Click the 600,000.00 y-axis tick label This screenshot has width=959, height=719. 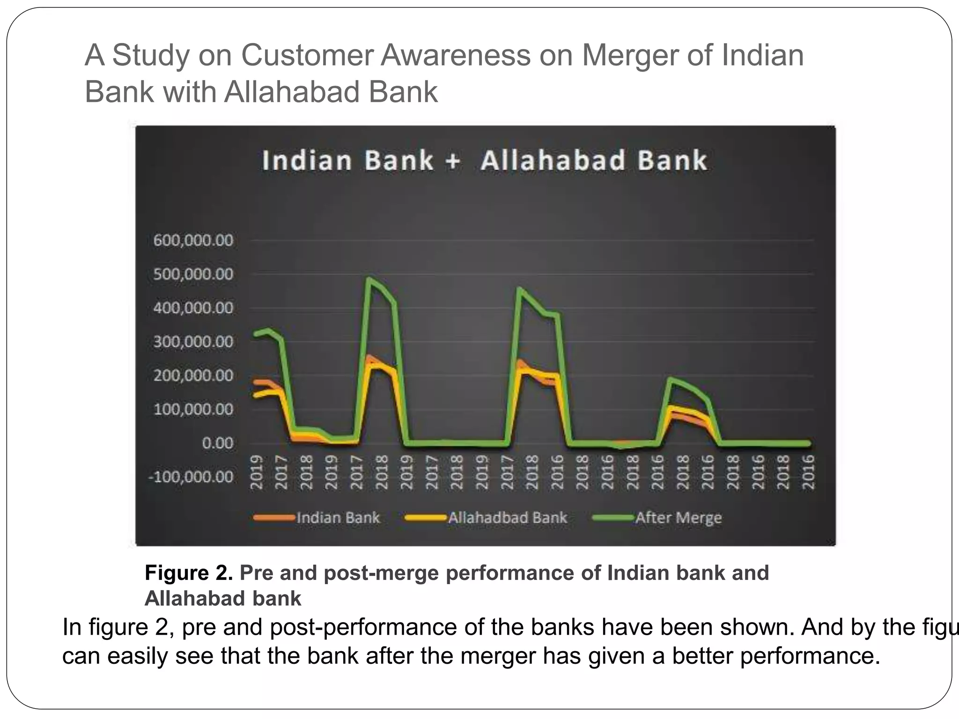[193, 241]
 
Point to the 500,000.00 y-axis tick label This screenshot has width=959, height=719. [193, 274]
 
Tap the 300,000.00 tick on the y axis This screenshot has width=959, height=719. [193, 342]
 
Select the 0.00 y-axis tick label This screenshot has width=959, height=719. [217, 443]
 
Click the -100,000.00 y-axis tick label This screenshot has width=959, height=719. [190, 477]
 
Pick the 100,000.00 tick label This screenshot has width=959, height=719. [193, 410]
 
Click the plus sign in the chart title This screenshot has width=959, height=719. [453, 161]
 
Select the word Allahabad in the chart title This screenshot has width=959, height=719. [553, 161]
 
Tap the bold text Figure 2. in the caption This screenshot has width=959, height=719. [189, 573]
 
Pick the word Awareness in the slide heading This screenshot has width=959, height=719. [456, 55]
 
